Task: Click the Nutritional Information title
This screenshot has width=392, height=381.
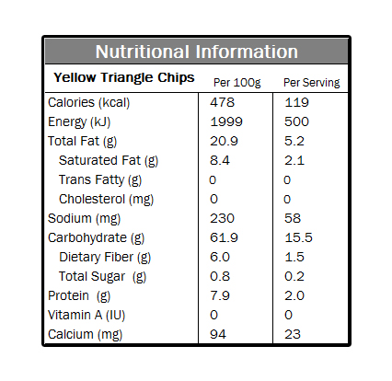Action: point(197,52)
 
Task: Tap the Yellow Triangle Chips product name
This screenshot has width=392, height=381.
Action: point(124,78)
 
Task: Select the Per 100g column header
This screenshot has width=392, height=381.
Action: point(237,83)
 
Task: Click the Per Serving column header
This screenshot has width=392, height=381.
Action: point(312,83)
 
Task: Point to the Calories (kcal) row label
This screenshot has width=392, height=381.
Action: point(89,103)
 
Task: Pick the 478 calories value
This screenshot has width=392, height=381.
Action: point(223,102)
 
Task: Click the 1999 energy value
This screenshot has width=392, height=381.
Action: point(226,121)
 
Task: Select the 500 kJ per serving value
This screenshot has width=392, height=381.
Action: point(296,121)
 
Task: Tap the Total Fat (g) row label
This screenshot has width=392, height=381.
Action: point(83,142)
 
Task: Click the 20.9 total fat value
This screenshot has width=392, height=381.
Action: point(224,141)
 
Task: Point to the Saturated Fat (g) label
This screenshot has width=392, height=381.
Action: point(109,161)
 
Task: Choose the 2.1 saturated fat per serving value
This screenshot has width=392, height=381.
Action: point(294,160)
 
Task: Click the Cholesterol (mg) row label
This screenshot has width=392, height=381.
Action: point(106,200)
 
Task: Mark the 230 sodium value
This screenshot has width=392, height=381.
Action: point(222,218)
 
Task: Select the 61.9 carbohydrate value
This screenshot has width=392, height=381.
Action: point(224,237)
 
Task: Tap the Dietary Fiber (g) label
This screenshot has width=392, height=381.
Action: point(105,258)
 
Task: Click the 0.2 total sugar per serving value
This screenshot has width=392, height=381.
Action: point(294,276)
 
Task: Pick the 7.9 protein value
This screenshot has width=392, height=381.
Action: point(220,295)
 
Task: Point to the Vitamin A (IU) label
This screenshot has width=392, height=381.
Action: point(86,316)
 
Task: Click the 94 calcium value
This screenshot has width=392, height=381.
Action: point(218,334)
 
